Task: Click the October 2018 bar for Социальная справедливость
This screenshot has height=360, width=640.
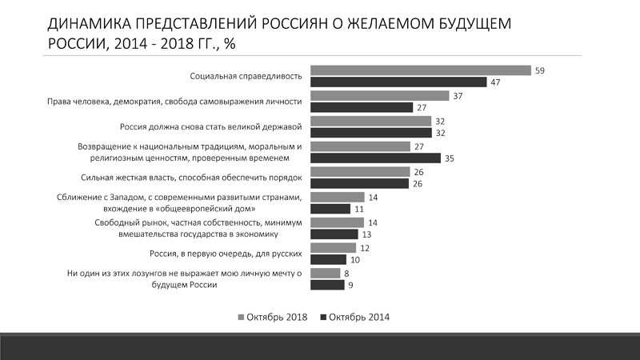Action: (x=420, y=70)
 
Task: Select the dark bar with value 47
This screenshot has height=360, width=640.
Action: (x=398, y=82)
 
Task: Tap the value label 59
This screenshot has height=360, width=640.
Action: (x=540, y=70)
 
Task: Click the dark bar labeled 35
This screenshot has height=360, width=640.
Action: (x=374, y=158)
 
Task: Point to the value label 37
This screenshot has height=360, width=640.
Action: (x=458, y=96)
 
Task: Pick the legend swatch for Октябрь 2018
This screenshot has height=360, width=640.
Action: (x=242, y=318)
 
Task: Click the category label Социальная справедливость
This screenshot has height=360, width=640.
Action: (x=245, y=77)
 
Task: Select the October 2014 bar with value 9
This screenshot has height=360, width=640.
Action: (x=326, y=285)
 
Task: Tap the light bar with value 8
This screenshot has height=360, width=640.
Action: (x=324, y=273)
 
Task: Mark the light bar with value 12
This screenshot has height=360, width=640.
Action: (x=332, y=248)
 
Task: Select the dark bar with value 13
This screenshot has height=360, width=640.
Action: (x=334, y=234)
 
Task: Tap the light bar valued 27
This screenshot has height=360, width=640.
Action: (x=359, y=146)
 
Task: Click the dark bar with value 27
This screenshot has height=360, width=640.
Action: (x=360, y=108)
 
